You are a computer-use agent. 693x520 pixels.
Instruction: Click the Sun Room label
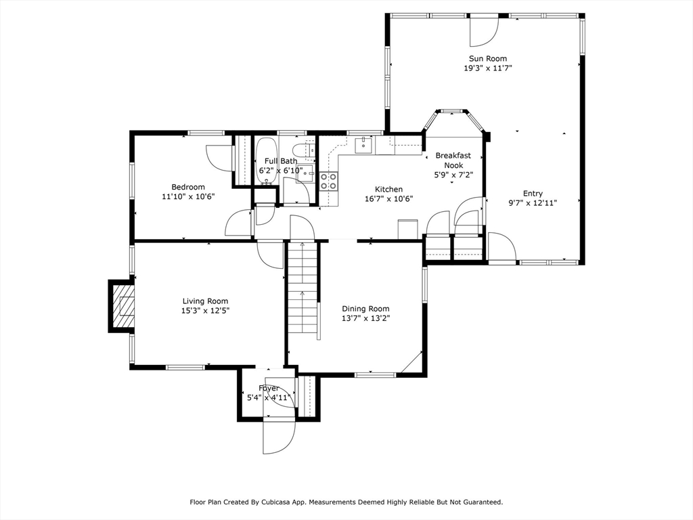(x=487, y=58)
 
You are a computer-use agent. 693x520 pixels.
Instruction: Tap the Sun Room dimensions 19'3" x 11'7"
(x=487, y=68)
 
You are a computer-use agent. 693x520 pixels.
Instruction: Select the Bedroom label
(x=188, y=187)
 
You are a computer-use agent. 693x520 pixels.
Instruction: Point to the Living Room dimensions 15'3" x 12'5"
(x=205, y=311)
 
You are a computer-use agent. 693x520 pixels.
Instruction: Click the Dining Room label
(x=365, y=309)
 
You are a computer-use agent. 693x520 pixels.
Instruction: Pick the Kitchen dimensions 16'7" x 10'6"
(x=389, y=199)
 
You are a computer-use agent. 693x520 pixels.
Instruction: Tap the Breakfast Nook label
(x=453, y=160)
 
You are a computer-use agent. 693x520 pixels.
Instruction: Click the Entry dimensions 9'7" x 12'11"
(x=533, y=203)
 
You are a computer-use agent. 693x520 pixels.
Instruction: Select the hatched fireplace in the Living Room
(x=123, y=306)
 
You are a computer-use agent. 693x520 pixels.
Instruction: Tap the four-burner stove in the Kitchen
(x=328, y=181)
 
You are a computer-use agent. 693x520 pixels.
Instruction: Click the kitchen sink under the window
(x=363, y=145)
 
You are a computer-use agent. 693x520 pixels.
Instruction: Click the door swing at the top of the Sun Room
(x=483, y=31)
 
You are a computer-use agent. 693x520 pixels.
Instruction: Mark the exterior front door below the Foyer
(x=279, y=435)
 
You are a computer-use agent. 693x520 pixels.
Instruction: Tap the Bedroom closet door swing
(x=219, y=158)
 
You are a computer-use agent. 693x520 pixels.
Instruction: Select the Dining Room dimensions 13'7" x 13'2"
(x=366, y=318)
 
